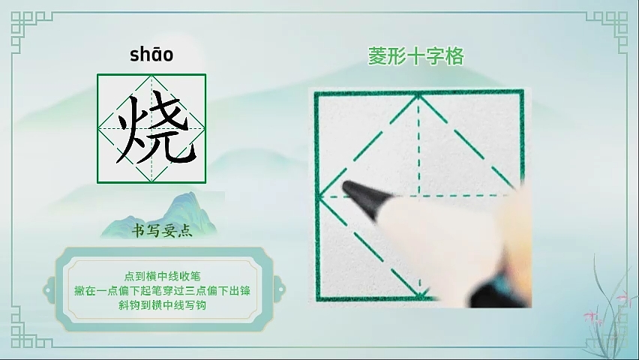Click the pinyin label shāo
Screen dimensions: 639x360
click(151, 55)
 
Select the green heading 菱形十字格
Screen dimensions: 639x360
click(416, 56)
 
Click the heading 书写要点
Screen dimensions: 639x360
click(162, 231)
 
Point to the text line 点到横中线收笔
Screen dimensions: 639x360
click(162, 277)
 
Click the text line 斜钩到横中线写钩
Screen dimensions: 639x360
click(162, 305)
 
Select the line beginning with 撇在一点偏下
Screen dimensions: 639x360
click(162, 291)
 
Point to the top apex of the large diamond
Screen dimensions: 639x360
click(419, 95)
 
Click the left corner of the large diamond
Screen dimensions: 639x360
click(319, 197)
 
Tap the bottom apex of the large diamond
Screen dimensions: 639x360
click(421, 296)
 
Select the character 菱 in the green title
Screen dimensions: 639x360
click(377, 56)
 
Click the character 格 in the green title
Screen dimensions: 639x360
click(454, 56)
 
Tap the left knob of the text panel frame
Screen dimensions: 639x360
click(49, 290)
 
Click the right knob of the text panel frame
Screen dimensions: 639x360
click(279, 290)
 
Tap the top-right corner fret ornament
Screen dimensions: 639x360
click(607, 31)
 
